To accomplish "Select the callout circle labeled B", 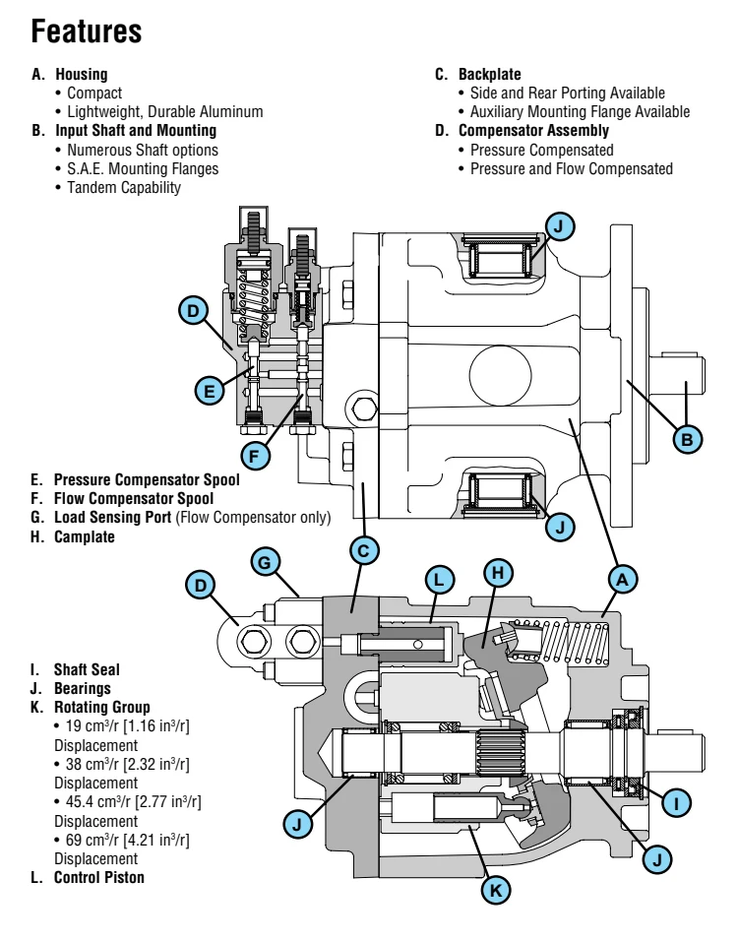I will tap(687, 435).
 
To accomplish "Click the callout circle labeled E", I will tap(208, 391).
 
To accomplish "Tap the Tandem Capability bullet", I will tap(126, 187).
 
